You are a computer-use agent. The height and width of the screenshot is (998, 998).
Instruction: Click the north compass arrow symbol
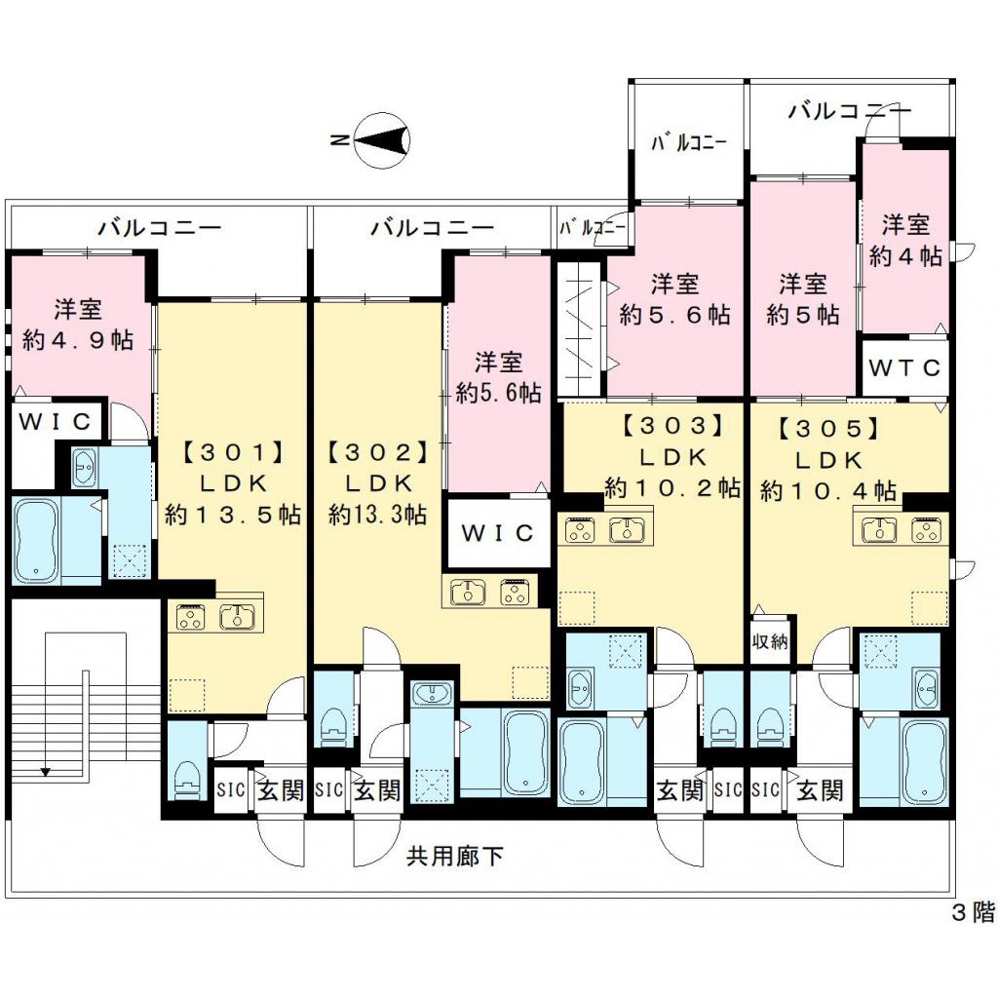(380, 141)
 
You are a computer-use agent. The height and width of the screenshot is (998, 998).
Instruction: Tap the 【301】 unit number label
(232, 452)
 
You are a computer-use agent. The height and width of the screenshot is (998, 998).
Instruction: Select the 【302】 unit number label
(377, 452)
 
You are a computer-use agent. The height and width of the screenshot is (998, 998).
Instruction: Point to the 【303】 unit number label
(672, 425)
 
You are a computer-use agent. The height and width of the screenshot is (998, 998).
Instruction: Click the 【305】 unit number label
(828, 429)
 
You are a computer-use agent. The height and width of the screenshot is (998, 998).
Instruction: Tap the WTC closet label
(904, 367)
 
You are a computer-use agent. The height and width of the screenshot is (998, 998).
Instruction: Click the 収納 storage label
(770, 641)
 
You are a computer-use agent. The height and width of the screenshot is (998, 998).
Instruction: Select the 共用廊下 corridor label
(454, 856)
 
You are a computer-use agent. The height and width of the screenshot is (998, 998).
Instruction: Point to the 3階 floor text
(974, 913)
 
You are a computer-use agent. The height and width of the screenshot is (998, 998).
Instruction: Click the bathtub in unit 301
(36, 541)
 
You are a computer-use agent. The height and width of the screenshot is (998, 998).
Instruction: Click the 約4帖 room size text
(905, 256)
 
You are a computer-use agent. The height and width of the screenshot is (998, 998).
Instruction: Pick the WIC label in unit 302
(497, 533)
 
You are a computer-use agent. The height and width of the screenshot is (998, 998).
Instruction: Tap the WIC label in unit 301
(55, 421)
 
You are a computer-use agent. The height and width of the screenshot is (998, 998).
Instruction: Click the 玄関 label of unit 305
(821, 791)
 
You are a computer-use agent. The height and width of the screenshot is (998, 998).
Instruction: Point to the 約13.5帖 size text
(233, 515)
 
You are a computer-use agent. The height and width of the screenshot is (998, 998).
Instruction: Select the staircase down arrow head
(45, 773)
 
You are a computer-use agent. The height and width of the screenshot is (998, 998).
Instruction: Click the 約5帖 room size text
(803, 315)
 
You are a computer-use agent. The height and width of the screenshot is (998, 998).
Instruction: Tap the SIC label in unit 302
(329, 789)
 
